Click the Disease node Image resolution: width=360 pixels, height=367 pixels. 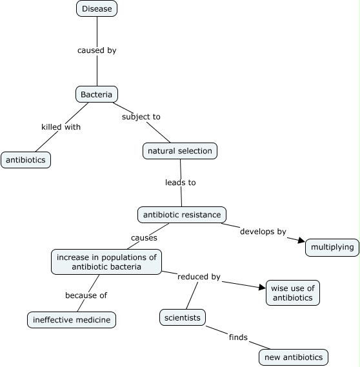97,9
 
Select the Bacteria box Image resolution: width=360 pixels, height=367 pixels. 96,95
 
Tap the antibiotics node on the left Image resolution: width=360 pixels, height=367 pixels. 26,160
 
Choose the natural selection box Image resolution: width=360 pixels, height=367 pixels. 179,151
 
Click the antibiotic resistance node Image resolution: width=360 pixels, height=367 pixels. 182,214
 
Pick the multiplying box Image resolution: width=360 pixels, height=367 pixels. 332,247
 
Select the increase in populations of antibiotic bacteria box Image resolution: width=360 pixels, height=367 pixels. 106,262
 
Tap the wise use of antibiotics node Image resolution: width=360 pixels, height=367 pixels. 292,293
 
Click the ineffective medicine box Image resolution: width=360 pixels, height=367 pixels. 72,319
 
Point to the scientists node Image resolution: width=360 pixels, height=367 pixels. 183,317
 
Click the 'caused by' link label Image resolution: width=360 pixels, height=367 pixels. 97,50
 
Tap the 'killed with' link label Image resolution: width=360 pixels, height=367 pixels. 61,127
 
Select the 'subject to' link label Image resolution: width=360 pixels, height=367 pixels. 141,117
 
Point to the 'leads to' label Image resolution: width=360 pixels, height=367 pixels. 180,183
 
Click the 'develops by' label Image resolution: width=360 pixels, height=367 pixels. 263,231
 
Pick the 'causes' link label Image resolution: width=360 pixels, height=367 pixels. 144,237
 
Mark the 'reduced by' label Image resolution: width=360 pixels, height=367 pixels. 199,277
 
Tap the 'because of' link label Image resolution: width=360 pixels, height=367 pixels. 86,295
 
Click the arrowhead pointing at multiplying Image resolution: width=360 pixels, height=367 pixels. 301,241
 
